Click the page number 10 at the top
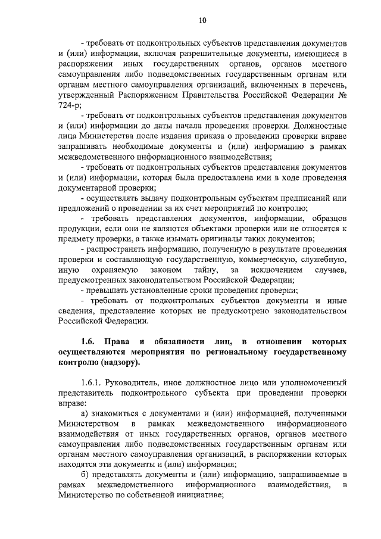202,21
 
